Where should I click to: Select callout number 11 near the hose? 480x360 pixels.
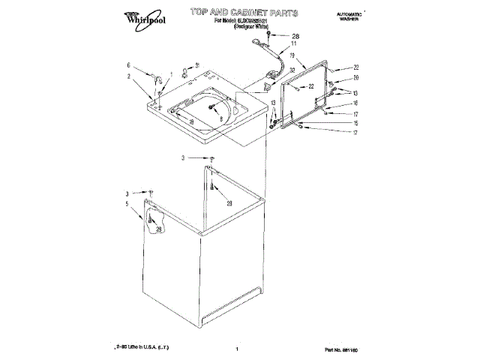click(x=293, y=44)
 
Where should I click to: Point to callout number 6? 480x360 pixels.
click(x=129, y=66)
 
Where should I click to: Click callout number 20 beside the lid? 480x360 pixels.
click(x=356, y=78)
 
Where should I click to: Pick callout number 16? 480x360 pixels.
click(x=356, y=103)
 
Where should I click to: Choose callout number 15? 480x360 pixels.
click(x=356, y=122)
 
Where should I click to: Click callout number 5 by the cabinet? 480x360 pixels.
click(x=127, y=203)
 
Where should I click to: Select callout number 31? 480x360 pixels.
click(x=196, y=65)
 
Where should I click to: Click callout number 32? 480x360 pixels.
click(x=292, y=70)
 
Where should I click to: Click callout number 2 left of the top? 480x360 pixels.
click(x=129, y=76)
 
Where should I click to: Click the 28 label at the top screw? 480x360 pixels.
click(x=295, y=36)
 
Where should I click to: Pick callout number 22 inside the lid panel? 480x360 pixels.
click(x=310, y=87)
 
